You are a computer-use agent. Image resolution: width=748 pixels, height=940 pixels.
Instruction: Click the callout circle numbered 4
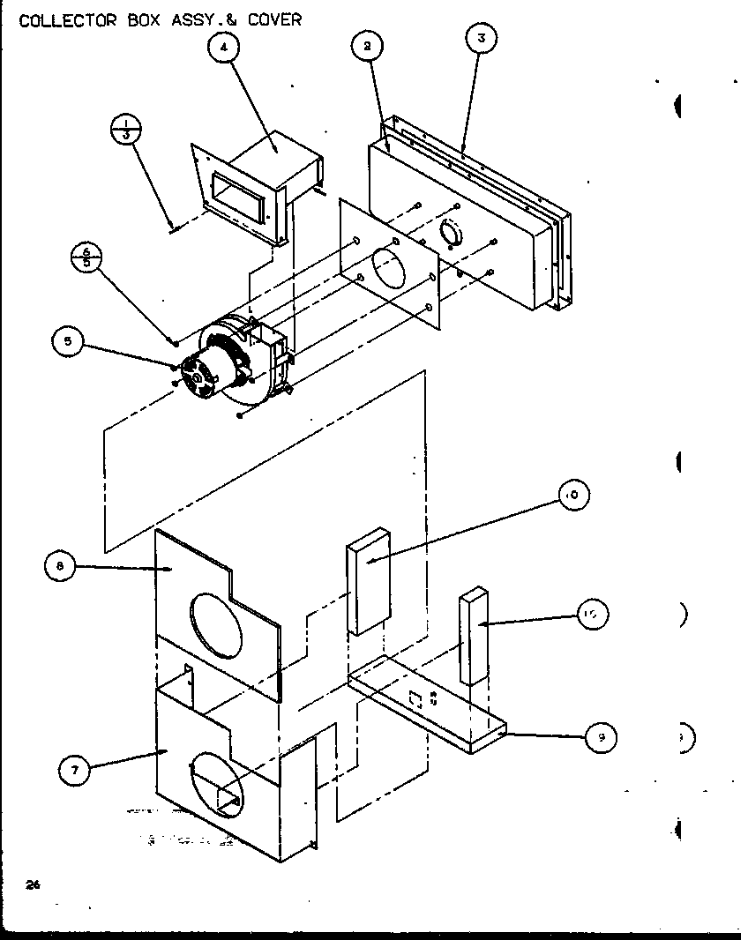pyautogui.click(x=224, y=48)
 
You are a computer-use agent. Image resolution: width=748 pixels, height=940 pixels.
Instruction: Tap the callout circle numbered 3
pyautogui.click(x=481, y=38)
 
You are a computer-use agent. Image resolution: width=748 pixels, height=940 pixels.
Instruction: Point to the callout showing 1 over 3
pyautogui.click(x=126, y=129)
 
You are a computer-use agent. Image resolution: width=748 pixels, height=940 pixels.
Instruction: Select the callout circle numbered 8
pyautogui.click(x=59, y=567)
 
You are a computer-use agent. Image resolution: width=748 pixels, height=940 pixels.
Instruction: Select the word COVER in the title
pyautogui.click(x=273, y=19)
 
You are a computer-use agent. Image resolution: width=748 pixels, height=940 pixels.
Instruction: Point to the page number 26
pyautogui.click(x=32, y=884)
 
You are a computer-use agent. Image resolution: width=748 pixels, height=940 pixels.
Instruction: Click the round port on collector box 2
pyautogui.click(x=451, y=235)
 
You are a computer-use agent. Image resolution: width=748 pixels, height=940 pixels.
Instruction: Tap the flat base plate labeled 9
pyautogui.click(x=423, y=705)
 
